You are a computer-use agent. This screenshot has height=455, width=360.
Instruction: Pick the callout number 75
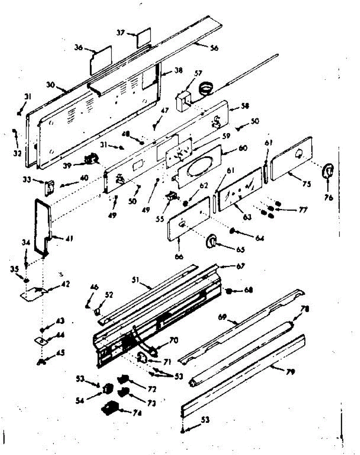(x=307, y=184)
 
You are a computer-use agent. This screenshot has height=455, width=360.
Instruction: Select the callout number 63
(x=247, y=217)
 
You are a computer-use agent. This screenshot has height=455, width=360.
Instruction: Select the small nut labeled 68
(x=229, y=291)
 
